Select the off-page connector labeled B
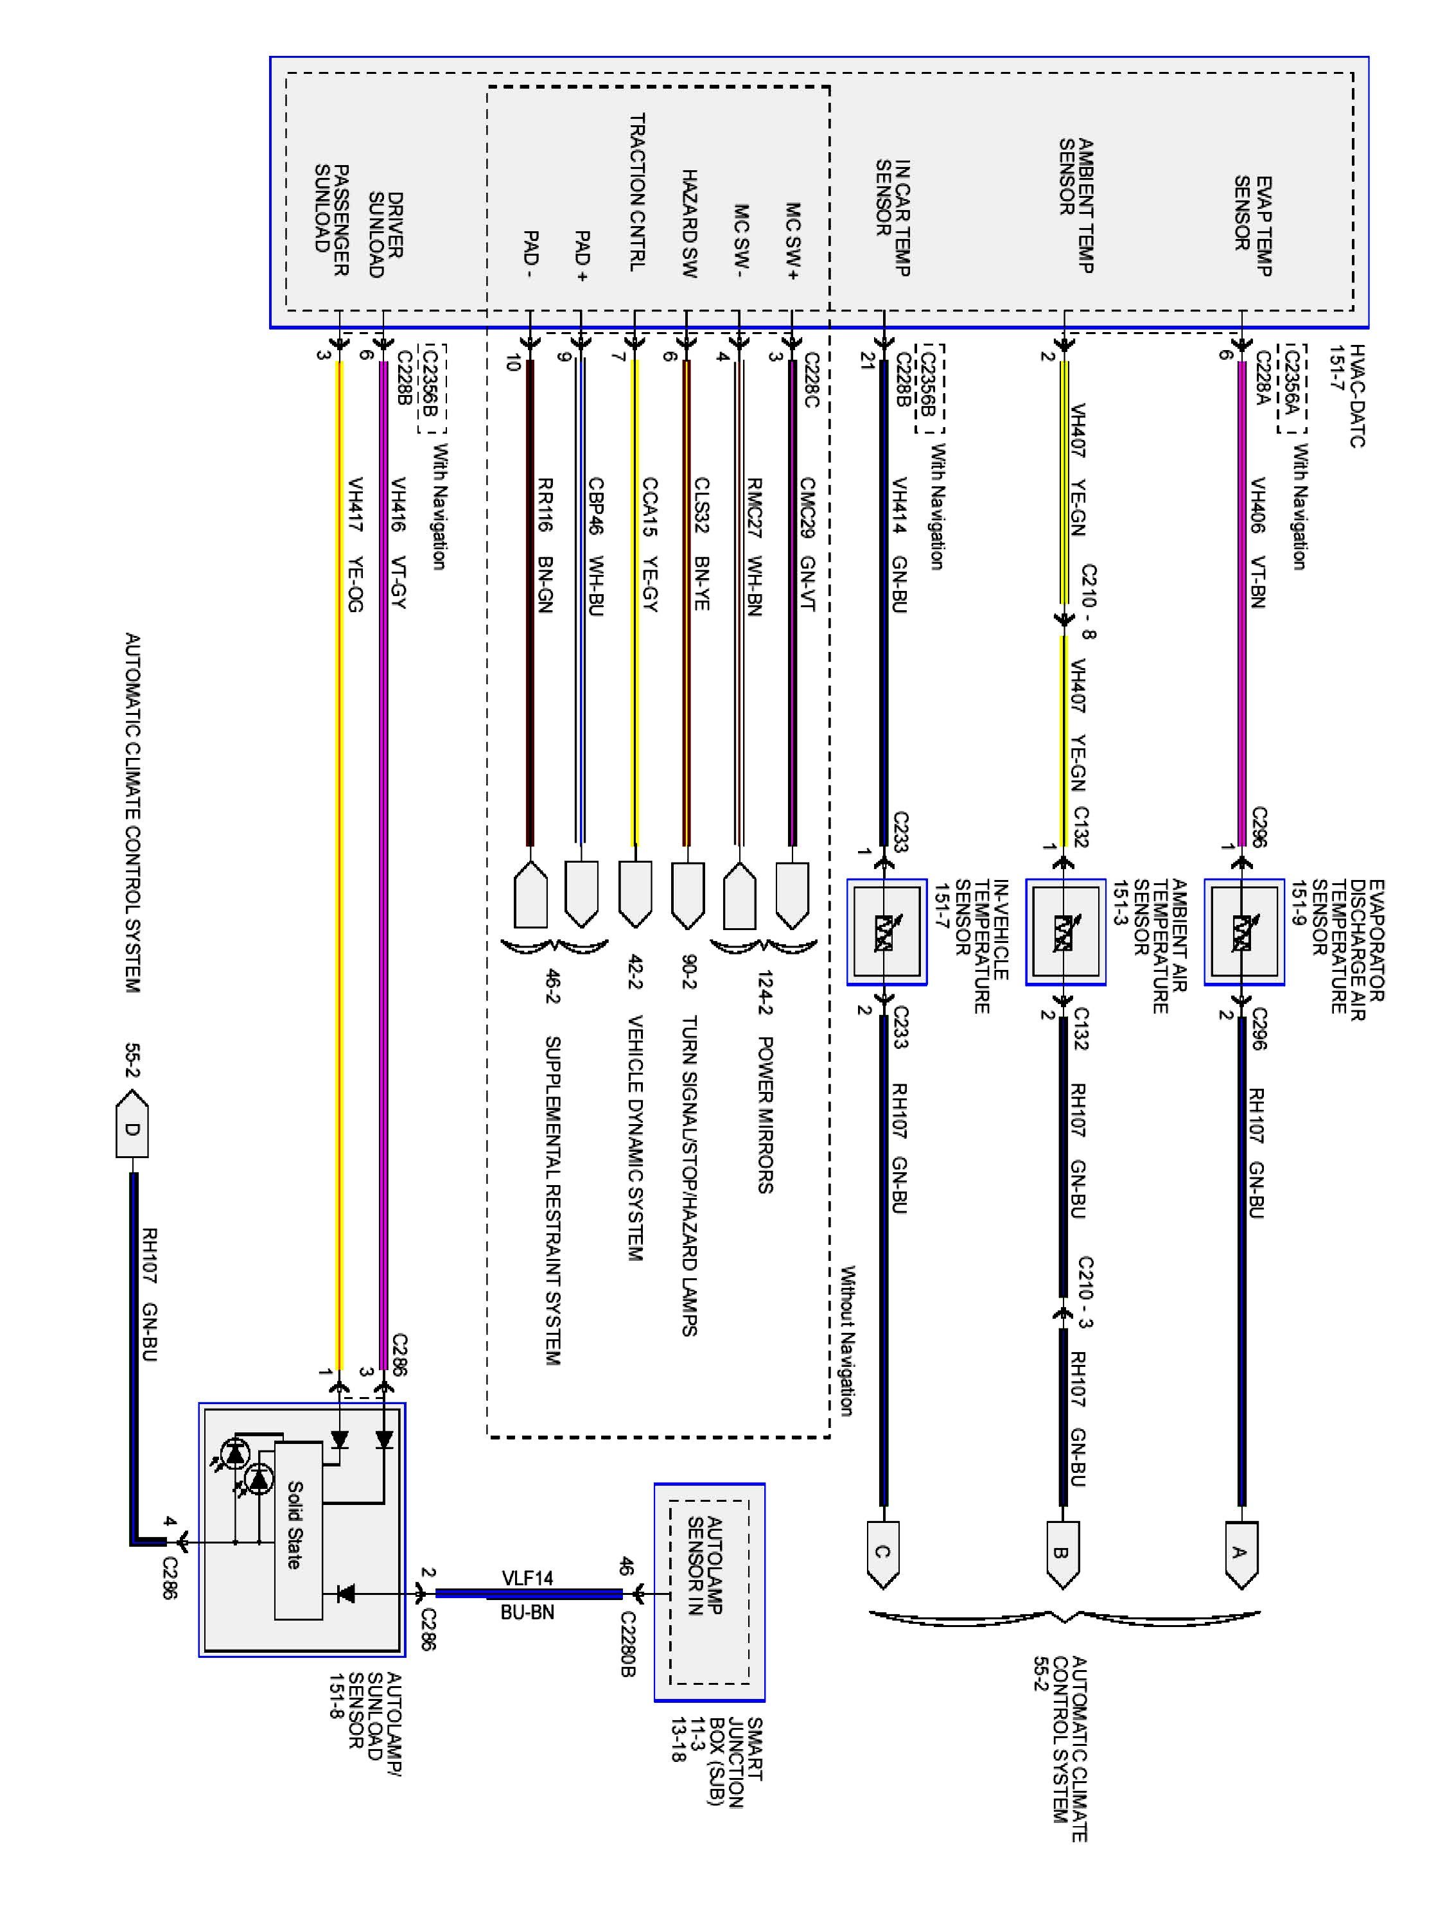(1062, 1553)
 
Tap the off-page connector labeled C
(882, 1553)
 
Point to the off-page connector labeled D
(132, 1130)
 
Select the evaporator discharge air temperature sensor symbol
(1243, 931)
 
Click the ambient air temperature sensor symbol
(1064, 931)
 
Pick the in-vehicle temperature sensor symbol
(886, 931)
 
